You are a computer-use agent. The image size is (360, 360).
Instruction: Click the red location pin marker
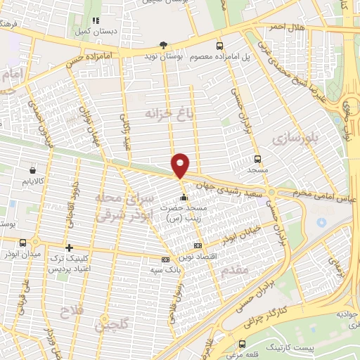click(x=181, y=165)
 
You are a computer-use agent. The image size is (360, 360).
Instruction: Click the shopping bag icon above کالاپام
click(x=33, y=169)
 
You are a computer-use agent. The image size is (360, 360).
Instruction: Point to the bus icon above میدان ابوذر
click(x=23, y=243)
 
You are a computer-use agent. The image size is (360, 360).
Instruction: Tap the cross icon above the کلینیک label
click(x=69, y=247)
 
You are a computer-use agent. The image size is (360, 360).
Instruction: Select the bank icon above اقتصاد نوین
click(x=198, y=246)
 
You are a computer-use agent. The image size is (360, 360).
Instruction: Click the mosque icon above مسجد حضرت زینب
click(x=184, y=195)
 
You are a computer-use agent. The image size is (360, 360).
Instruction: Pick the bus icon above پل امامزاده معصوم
click(x=221, y=42)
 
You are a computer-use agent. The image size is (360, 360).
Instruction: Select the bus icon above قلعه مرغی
click(x=242, y=344)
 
